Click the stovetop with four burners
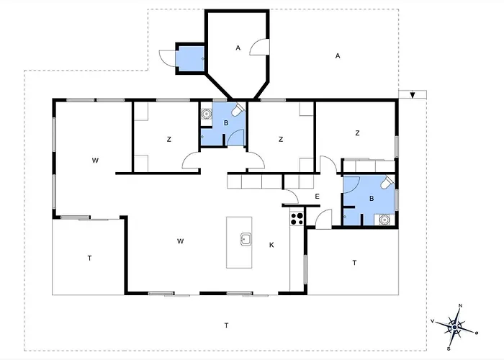pyautogui.click(x=297, y=219)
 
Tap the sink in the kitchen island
pyautogui.click(x=246, y=240)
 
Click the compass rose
pyautogui.click(x=454, y=327)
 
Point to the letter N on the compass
pyautogui.click(x=460, y=306)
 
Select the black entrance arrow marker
pyautogui.click(x=413, y=95)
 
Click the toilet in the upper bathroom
pyautogui.click(x=238, y=109)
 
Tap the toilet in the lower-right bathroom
pyautogui.click(x=387, y=182)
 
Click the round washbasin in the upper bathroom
pyautogui.click(x=206, y=114)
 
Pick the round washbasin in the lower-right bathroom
pyautogui.click(x=384, y=220)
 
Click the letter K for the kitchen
pyautogui.click(x=271, y=246)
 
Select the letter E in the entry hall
pyautogui.click(x=317, y=197)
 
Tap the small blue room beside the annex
pyautogui.click(x=191, y=59)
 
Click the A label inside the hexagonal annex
pyautogui.click(x=238, y=48)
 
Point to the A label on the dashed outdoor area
pyautogui.click(x=338, y=56)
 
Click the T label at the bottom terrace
pyautogui.click(x=226, y=325)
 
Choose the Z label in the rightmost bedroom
pyautogui.click(x=357, y=133)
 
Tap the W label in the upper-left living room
pyautogui.click(x=95, y=161)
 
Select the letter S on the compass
pyautogui.click(x=449, y=349)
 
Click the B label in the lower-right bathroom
pyautogui.click(x=372, y=199)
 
